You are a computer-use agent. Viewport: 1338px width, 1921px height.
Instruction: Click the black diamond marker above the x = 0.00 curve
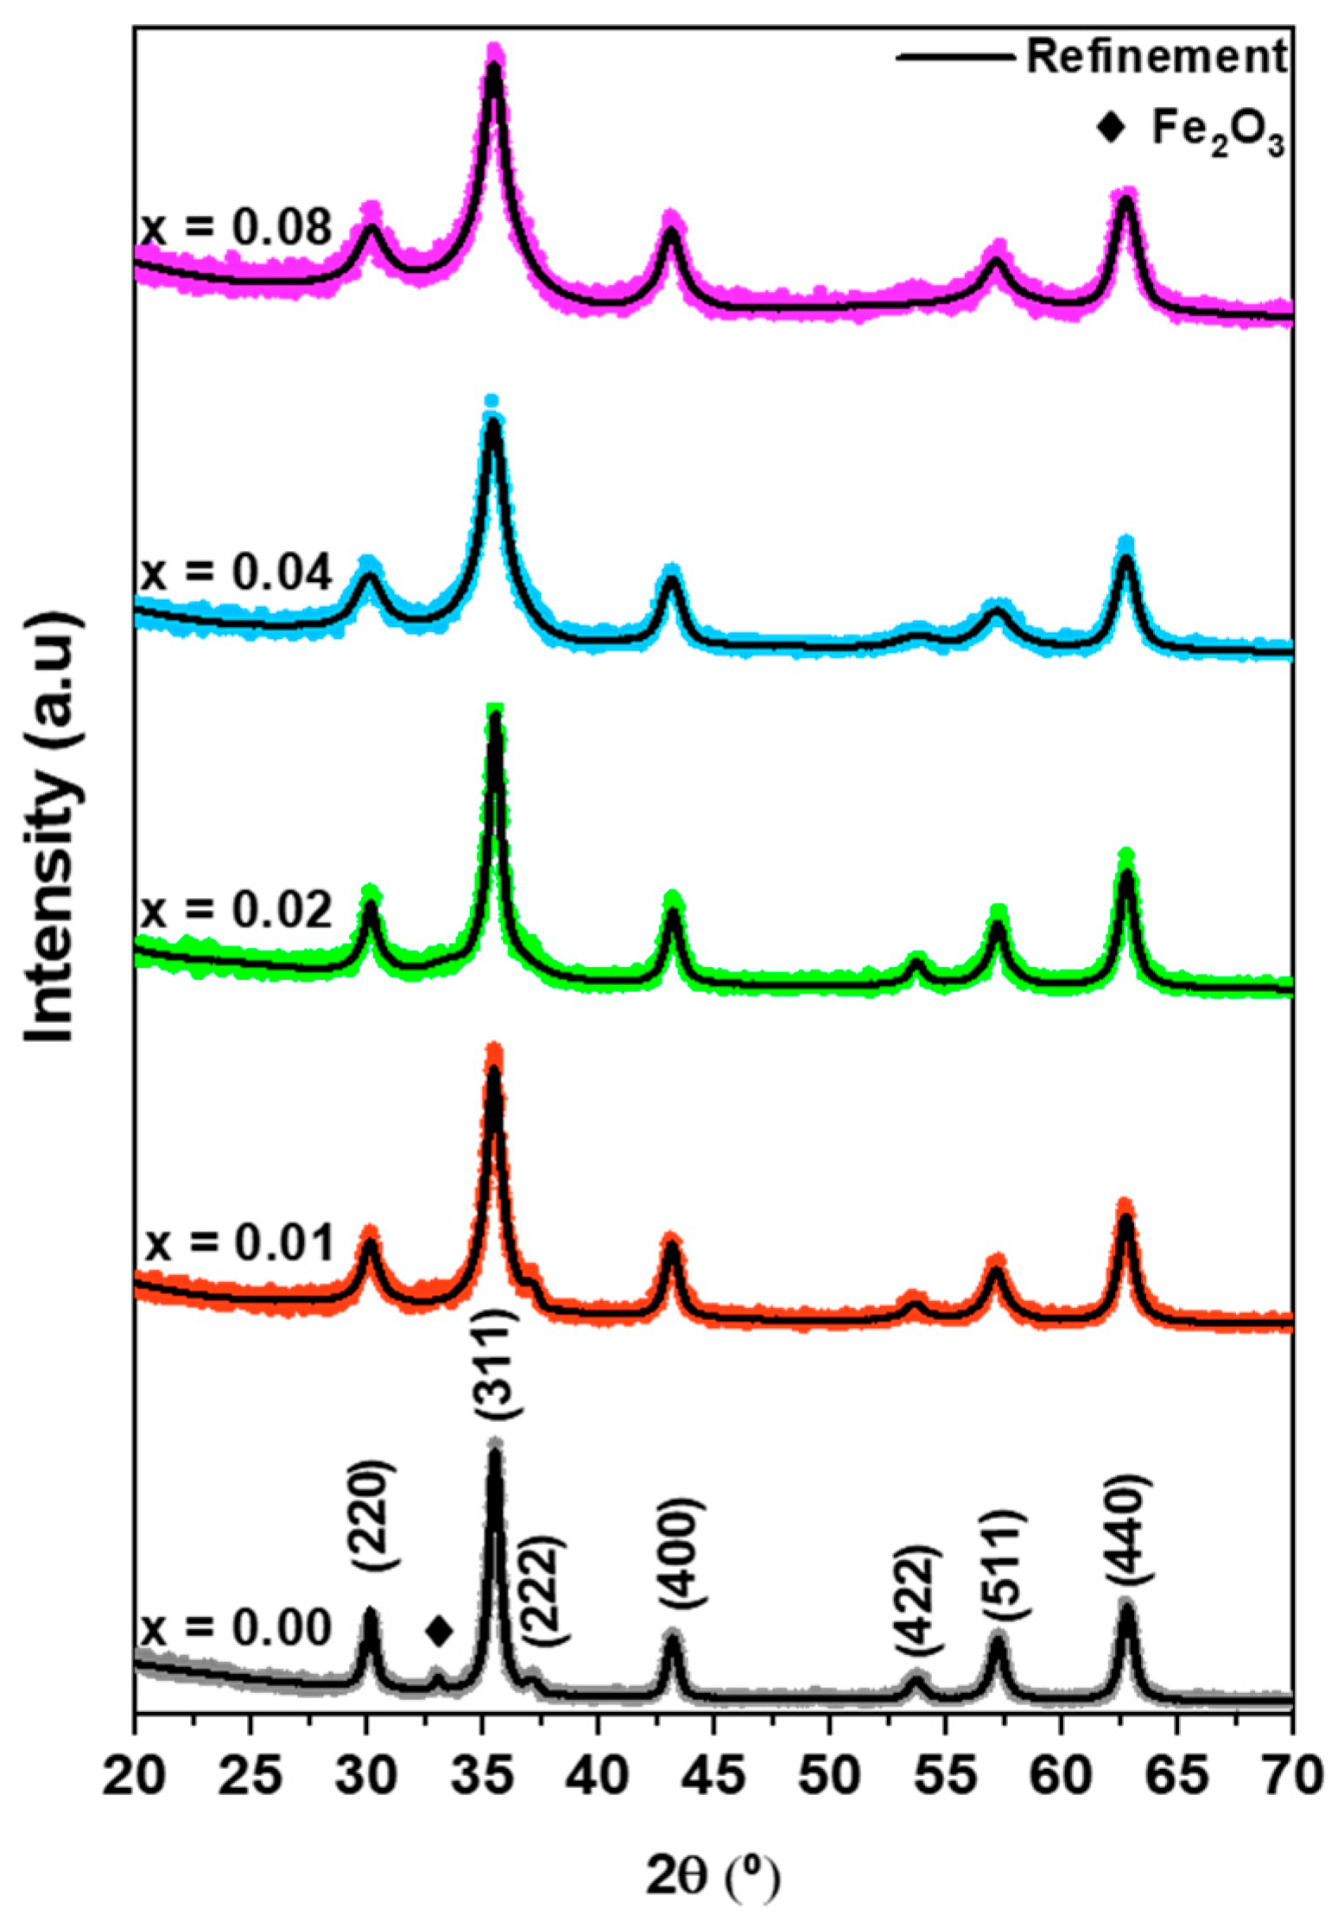[x=439, y=1631]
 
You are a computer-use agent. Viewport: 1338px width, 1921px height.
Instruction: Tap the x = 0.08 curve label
[x=236, y=229]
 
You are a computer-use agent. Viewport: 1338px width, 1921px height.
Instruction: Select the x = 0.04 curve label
[x=236, y=572]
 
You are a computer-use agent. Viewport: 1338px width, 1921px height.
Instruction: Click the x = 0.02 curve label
[x=236, y=909]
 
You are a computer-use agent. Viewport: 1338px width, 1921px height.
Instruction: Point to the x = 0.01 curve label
[x=238, y=1244]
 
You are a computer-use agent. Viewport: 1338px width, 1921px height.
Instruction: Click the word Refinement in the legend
[x=1156, y=57]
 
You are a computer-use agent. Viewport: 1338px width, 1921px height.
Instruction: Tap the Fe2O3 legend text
[x=1217, y=131]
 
